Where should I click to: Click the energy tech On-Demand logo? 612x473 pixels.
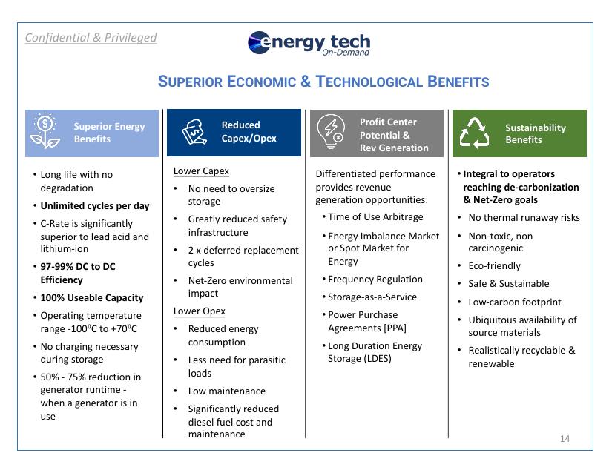pos(309,44)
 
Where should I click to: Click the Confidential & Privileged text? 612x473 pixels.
pos(91,37)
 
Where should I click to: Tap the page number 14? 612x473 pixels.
pos(565,440)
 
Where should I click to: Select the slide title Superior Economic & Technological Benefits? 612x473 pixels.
pos(323,82)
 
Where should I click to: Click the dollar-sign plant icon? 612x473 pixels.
pos(45,133)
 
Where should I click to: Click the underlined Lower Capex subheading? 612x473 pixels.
pos(201,171)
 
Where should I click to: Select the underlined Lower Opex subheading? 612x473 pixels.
pos(200,311)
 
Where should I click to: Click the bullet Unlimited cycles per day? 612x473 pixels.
pos(95,205)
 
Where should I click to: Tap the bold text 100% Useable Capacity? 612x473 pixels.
pos(92,297)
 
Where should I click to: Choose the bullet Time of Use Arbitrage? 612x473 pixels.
pos(375,216)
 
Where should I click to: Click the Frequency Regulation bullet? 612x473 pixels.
pos(375,279)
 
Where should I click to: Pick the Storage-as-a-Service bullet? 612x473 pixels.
pos(372,297)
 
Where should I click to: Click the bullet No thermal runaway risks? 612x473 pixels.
pos(524,218)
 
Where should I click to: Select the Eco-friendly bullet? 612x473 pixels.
pos(494,266)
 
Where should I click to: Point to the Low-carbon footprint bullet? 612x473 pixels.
pos(514,302)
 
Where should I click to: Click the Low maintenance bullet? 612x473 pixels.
pos(226,391)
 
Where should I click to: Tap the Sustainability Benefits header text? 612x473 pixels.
pos(535,133)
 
